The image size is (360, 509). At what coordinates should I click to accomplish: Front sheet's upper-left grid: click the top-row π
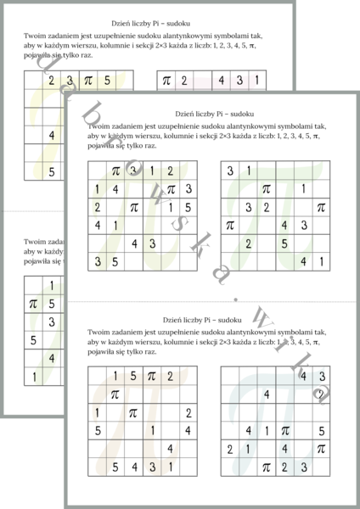coord(116,171)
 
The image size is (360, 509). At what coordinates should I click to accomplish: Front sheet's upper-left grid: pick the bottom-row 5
coord(116,261)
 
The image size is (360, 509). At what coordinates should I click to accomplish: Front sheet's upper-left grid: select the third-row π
coord(134,207)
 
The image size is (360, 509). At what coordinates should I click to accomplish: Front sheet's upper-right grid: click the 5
coord(284,243)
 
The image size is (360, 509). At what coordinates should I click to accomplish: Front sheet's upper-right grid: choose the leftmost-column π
coord(229,226)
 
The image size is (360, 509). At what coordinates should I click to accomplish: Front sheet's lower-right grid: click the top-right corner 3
coord(321,376)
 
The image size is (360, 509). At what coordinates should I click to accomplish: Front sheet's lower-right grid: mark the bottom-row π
coord(266,467)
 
